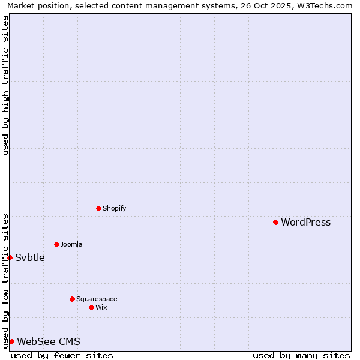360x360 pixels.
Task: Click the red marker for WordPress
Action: (x=275, y=222)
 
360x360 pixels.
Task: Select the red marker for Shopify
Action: (x=98, y=208)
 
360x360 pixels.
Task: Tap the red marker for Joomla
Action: (x=56, y=244)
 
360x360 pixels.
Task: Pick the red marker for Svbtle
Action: (x=10, y=257)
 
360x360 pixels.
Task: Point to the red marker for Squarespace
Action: (x=72, y=299)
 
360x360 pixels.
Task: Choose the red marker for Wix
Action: (x=91, y=307)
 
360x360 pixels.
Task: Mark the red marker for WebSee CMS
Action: (x=11, y=341)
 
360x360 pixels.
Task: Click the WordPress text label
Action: (x=305, y=223)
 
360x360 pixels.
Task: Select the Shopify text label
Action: (x=114, y=209)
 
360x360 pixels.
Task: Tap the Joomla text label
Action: (x=71, y=245)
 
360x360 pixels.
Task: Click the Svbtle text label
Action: (x=29, y=258)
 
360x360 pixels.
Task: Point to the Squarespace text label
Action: (x=97, y=299)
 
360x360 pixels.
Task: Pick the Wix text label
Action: (x=101, y=308)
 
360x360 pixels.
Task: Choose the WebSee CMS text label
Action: (x=49, y=342)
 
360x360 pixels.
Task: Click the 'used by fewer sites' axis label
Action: (x=62, y=355)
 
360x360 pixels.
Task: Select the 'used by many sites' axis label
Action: (x=301, y=355)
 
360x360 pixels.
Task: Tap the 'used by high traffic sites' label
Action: (x=5, y=85)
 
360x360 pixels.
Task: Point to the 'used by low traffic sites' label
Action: (x=5, y=281)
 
